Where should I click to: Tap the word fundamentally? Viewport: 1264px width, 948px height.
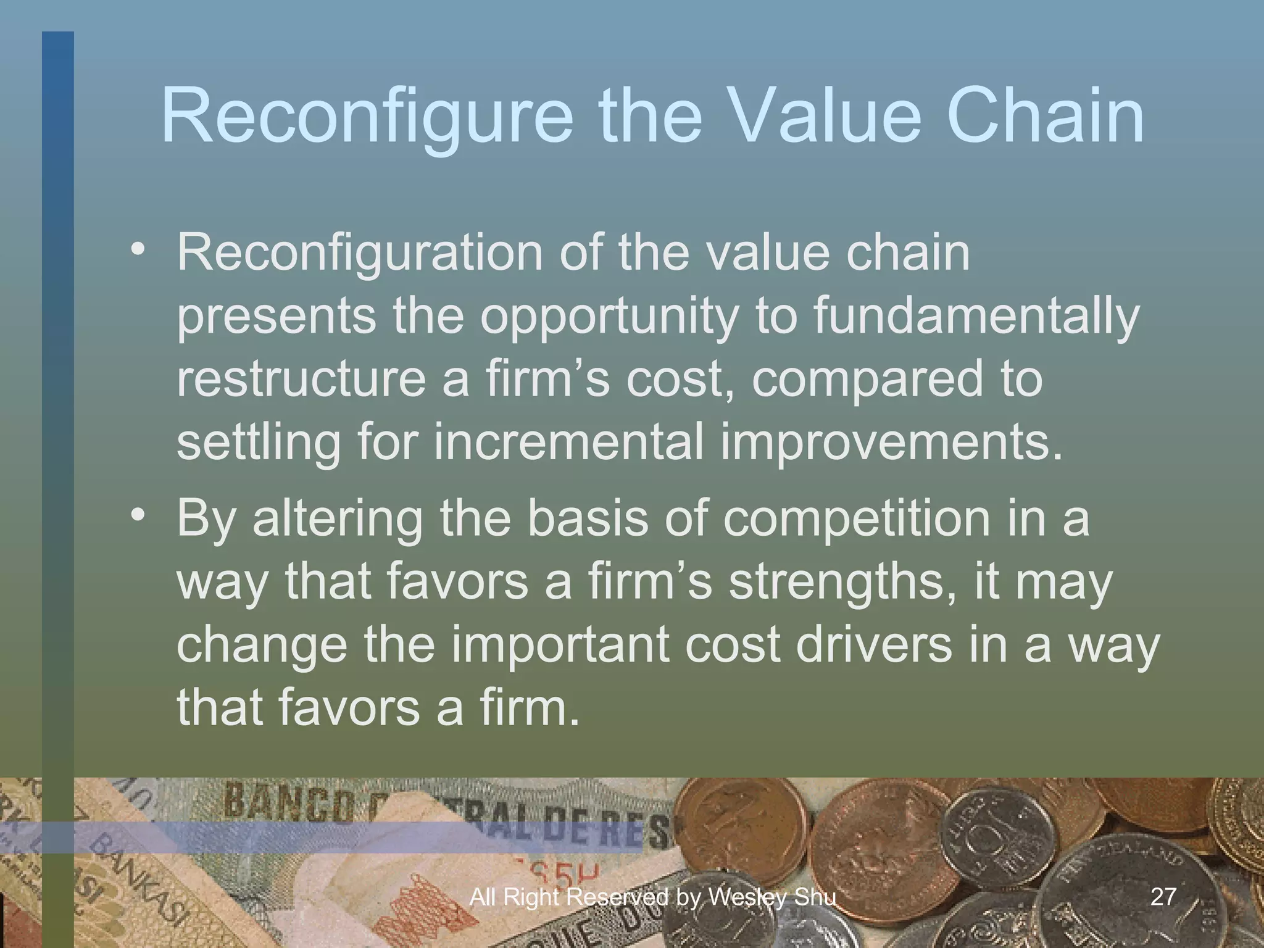click(975, 316)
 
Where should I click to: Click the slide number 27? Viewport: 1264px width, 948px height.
click(1163, 896)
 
